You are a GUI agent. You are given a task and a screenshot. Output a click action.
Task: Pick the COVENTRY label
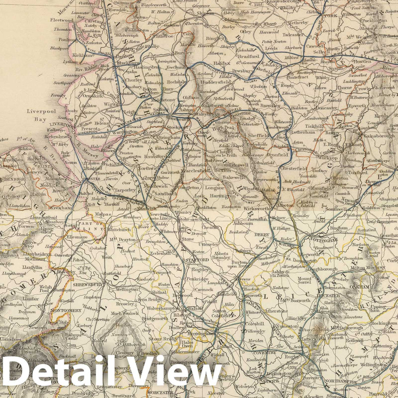266,352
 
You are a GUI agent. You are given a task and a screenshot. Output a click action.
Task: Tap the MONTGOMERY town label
66,310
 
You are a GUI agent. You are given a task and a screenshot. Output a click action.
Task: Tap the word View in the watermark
179,376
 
